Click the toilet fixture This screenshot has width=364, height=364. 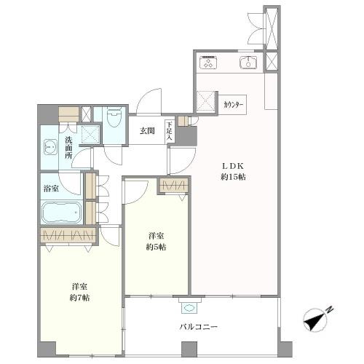pos(114,118)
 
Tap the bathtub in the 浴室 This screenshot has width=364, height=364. pos(62,213)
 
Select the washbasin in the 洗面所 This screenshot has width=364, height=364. pos(50,148)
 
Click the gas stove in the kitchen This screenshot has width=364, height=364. pos(208,63)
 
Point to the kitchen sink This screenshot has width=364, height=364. pos(248,63)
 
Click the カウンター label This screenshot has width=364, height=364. pos(233,105)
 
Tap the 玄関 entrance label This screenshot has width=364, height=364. pos(147,131)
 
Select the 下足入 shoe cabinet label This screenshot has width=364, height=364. pos(169,131)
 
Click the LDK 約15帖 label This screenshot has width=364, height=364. pos(233,172)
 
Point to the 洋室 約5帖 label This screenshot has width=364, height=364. pos(156,242)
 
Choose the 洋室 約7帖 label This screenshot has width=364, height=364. pos(79,292)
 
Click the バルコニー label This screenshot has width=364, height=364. pos(198,327)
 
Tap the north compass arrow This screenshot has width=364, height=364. pos(314,320)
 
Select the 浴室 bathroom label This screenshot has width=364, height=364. pos(51,189)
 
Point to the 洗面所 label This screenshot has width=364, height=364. pos(68,148)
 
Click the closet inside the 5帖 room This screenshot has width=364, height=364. pos(173,186)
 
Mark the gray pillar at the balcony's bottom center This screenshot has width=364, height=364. pos(189,349)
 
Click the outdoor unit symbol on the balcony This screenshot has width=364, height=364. pos(189,308)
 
